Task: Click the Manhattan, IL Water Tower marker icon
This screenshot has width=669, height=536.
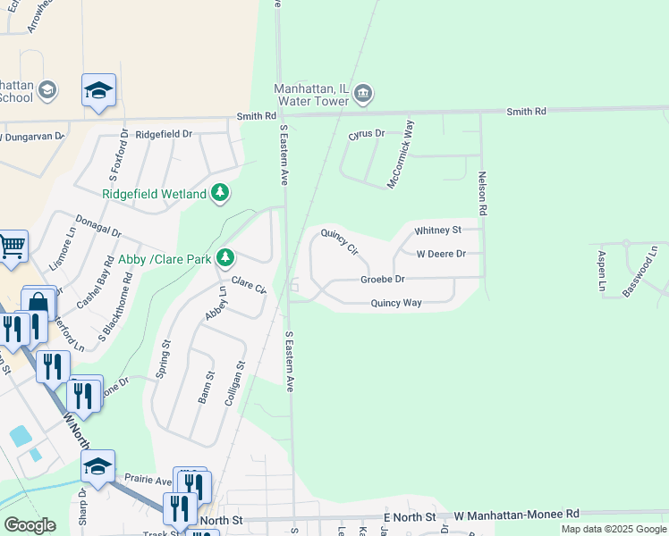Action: pyautogui.click(x=363, y=94)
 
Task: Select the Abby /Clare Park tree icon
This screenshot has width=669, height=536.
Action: pyautogui.click(x=225, y=259)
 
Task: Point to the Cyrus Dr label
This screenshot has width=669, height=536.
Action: pyautogui.click(x=366, y=134)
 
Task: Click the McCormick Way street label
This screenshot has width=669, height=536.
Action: pyautogui.click(x=401, y=154)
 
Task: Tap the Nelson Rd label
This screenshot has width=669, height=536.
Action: pyautogui.click(x=482, y=194)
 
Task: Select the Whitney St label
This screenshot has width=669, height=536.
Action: pyautogui.click(x=437, y=230)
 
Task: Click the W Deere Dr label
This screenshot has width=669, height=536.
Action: pyautogui.click(x=441, y=254)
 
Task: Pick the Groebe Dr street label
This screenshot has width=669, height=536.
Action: pyautogui.click(x=383, y=280)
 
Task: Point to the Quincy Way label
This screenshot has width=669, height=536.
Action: pyautogui.click(x=396, y=303)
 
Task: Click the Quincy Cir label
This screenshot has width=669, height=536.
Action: pyautogui.click(x=339, y=242)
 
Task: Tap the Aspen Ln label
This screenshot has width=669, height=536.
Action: pyautogui.click(x=602, y=272)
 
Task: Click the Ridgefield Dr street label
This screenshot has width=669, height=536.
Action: pyautogui.click(x=164, y=134)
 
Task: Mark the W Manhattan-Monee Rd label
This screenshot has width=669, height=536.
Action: pyautogui.click(x=516, y=515)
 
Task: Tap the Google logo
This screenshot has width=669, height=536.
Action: pyautogui.click(x=30, y=525)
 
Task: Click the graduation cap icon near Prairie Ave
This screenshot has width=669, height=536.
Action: pyautogui.click(x=97, y=465)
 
